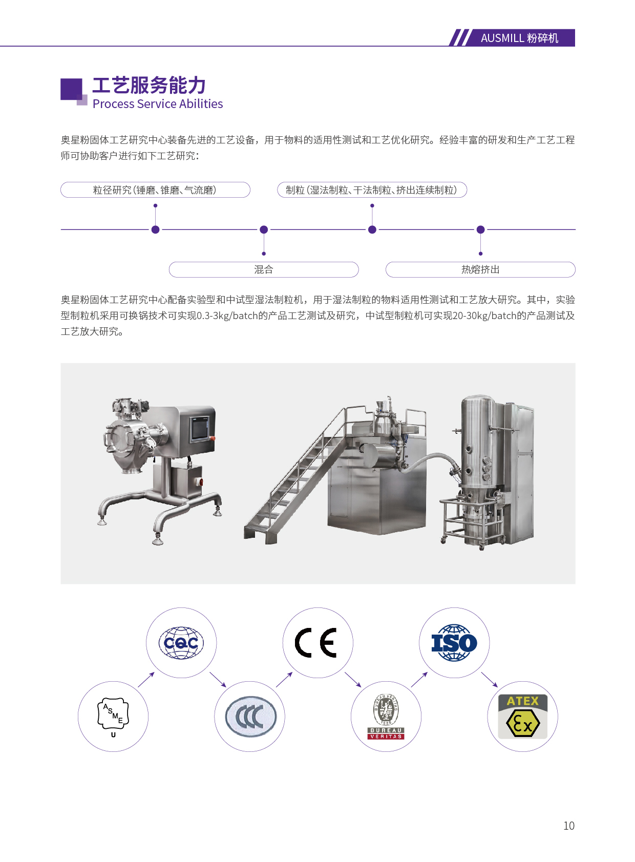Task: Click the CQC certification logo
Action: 181,643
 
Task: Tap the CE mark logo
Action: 316,643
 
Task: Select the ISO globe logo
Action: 454,643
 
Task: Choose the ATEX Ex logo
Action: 523,716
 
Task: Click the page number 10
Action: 569,826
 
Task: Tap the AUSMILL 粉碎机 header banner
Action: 513,38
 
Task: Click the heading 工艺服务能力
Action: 149,85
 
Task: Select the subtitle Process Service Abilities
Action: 158,104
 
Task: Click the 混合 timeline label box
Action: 264,269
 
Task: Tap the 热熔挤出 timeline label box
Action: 480,269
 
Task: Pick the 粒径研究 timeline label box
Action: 156,190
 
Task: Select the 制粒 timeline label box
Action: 372,190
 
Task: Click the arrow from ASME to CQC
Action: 146,680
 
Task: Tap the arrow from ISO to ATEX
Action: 490,680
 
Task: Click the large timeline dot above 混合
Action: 264,230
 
